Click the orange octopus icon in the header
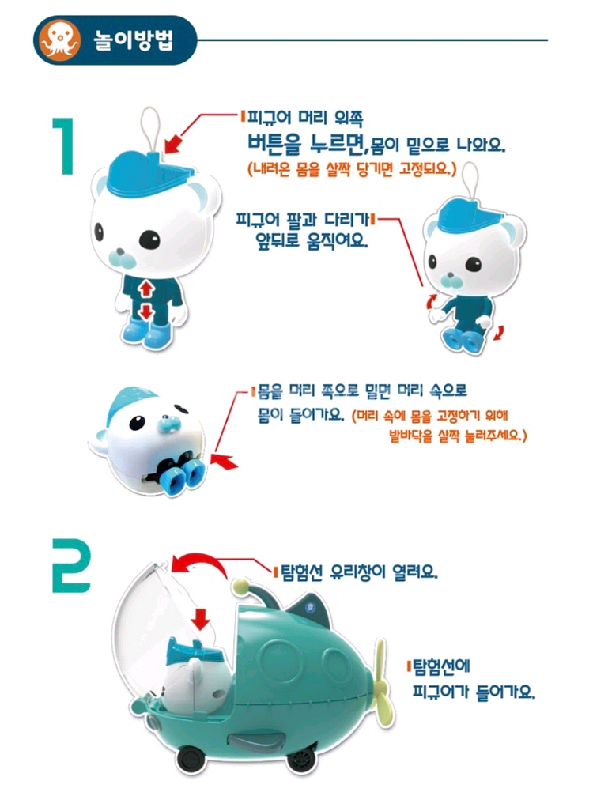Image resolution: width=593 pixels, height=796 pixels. [x=60, y=40]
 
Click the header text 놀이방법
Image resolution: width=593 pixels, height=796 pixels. [x=134, y=40]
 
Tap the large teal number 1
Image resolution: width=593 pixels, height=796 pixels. [x=64, y=147]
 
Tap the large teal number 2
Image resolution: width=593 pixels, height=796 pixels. [x=72, y=566]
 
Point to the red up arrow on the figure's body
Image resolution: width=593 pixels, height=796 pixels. [x=146, y=290]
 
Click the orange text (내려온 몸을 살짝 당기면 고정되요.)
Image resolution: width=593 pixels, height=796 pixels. [x=352, y=168]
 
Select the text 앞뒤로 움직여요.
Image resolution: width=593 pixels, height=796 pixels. [x=312, y=240]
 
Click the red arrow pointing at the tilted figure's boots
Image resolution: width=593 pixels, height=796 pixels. [x=224, y=462]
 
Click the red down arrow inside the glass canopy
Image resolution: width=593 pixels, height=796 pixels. [x=202, y=619]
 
